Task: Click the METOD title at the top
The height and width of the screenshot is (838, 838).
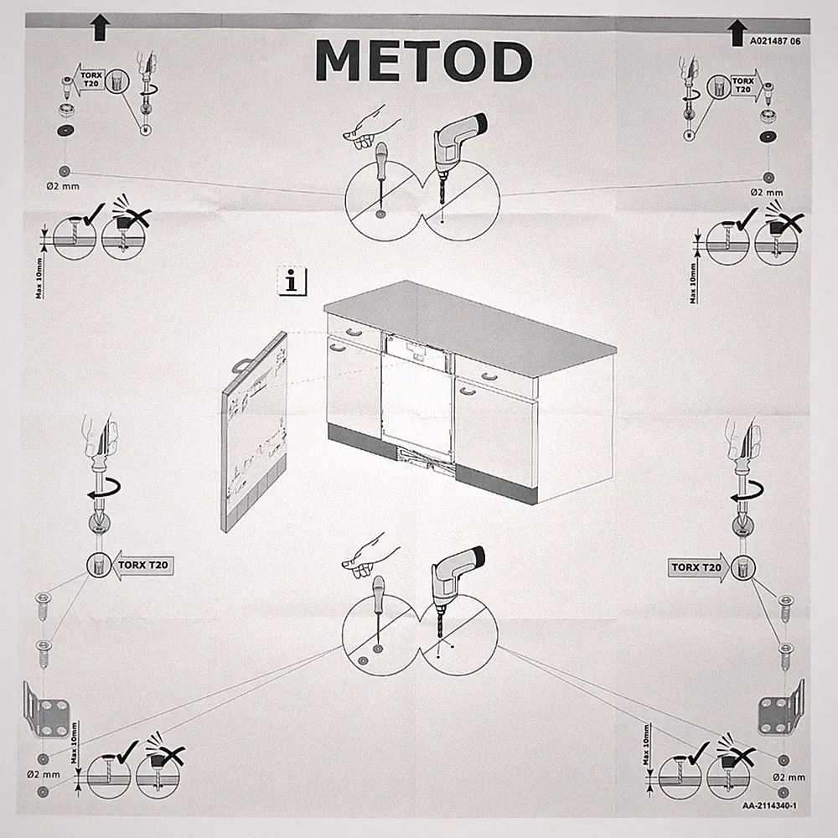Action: (x=423, y=60)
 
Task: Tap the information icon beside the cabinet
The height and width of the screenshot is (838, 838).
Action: (x=292, y=281)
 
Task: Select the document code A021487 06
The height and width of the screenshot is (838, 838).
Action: (x=775, y=41)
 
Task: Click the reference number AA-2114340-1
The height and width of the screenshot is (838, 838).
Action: (x=769, y=805)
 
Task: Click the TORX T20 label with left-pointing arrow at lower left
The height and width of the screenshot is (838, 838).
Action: (x=142, y=565)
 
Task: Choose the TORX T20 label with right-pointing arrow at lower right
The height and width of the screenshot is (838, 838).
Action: (x=697, y=567)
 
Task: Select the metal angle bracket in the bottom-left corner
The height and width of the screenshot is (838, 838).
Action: (x=46, y=710)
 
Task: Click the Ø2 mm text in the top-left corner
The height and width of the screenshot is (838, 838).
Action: (x=63, y=187)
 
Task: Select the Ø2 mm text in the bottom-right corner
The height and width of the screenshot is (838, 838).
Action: (x=789, y=778)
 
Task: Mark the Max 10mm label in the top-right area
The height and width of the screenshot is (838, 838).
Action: (x=693, y=283)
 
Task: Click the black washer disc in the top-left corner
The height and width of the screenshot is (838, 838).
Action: (x=65, y=131)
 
